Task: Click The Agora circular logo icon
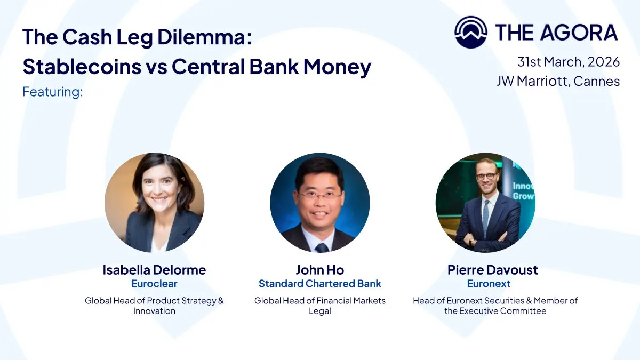(x=471, y=32)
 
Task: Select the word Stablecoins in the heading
(x=82, y=66)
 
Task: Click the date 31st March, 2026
(x=569, y=62)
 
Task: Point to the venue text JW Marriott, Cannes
(x=558, y=81)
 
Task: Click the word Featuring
(x=53, y=92)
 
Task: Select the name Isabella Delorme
(x=154, y=270)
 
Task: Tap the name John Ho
(x=319, y=270)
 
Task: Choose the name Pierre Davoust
(x=493, y=270)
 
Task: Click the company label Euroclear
(x=154, y=283)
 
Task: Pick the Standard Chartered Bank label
(x=319, y=283)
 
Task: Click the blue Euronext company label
(x=489, y=283)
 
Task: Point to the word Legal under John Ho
(x=319, y=311)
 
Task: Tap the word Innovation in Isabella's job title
(x=154, y=311)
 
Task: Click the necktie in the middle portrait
(x=322, y=247)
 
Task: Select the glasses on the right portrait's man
(x=486, y=177)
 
